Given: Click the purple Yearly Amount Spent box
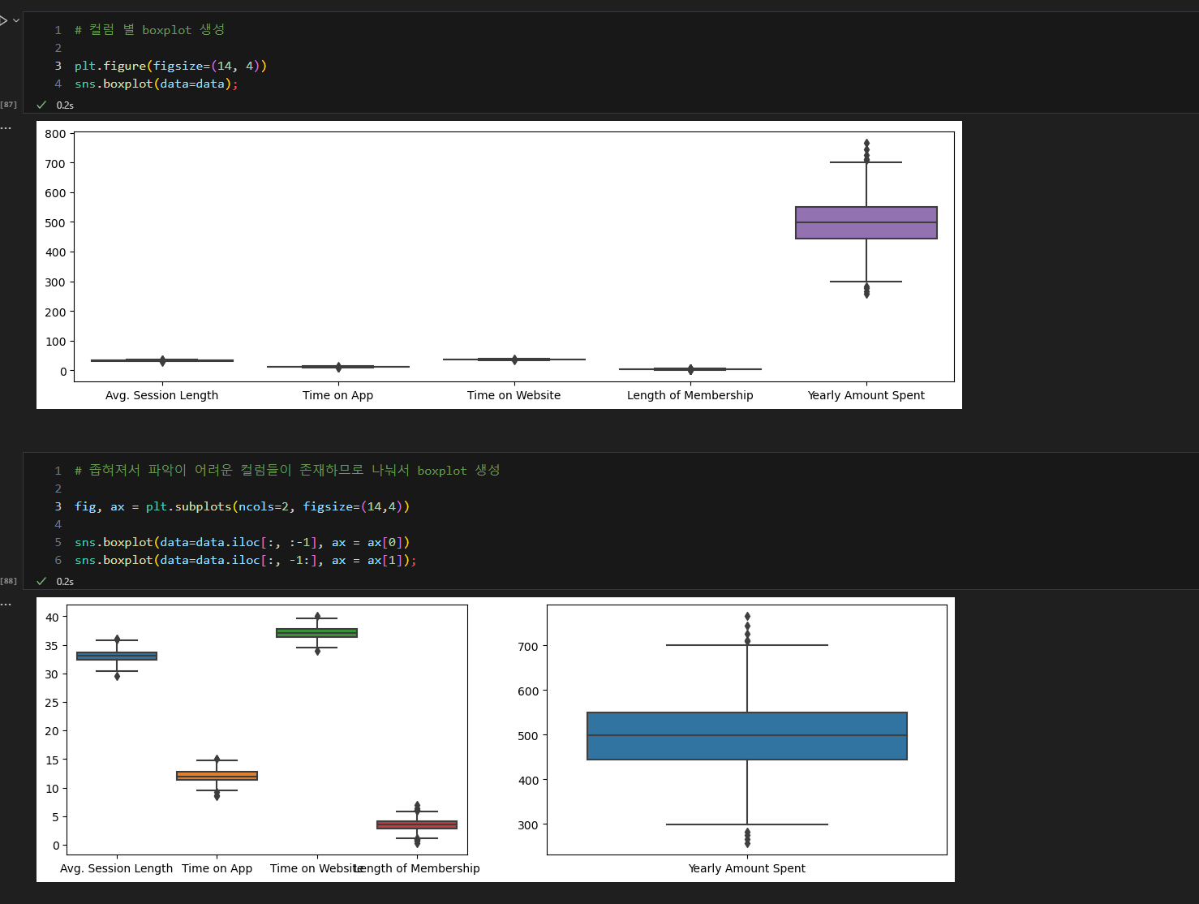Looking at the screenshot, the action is pyautogui.click(x=866, y=222).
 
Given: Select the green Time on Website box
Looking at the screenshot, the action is pyautogui.click(x=317, y=632).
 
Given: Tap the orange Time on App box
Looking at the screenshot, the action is pyautogui.click(x=217, y=776).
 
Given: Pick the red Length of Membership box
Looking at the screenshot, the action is pyautogui.click(x=417, y=824).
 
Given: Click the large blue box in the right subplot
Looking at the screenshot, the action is pyautogui.click(x=746, y=736).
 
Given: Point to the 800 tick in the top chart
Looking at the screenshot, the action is pyautogui.click(x=55, y=134).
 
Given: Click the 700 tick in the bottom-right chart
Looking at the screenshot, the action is pyautogui.click(x=527, y=647).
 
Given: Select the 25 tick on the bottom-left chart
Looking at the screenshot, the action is pyautogui.click(x=52, y=703).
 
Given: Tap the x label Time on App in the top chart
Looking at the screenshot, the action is pyautogui.click(x=337, y=395).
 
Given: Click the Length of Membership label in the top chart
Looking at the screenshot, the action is pyautogui.click(x=690, y=395).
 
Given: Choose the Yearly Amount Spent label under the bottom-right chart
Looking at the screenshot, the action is pyautogui.click(x=746, y=868).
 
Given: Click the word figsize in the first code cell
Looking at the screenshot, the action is pyautogui.click(x=178, y=66).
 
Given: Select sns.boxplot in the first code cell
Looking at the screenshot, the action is pyautogui.click(x=114, y=84).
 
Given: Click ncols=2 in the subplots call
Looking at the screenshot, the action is pyautogui.click(x=264, y=506).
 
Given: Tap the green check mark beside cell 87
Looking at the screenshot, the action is pyautogui.click(x=41, y=105).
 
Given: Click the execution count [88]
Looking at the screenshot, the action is pyautogui.click(x=8, y=581).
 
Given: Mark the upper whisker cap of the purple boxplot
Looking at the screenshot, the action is pyautogui.click(x=866, y=162).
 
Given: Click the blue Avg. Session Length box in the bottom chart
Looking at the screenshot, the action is pyautogui.click(x=117, y=656).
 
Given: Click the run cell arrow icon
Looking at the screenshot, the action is pyautogui.click(x=4, y=21).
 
